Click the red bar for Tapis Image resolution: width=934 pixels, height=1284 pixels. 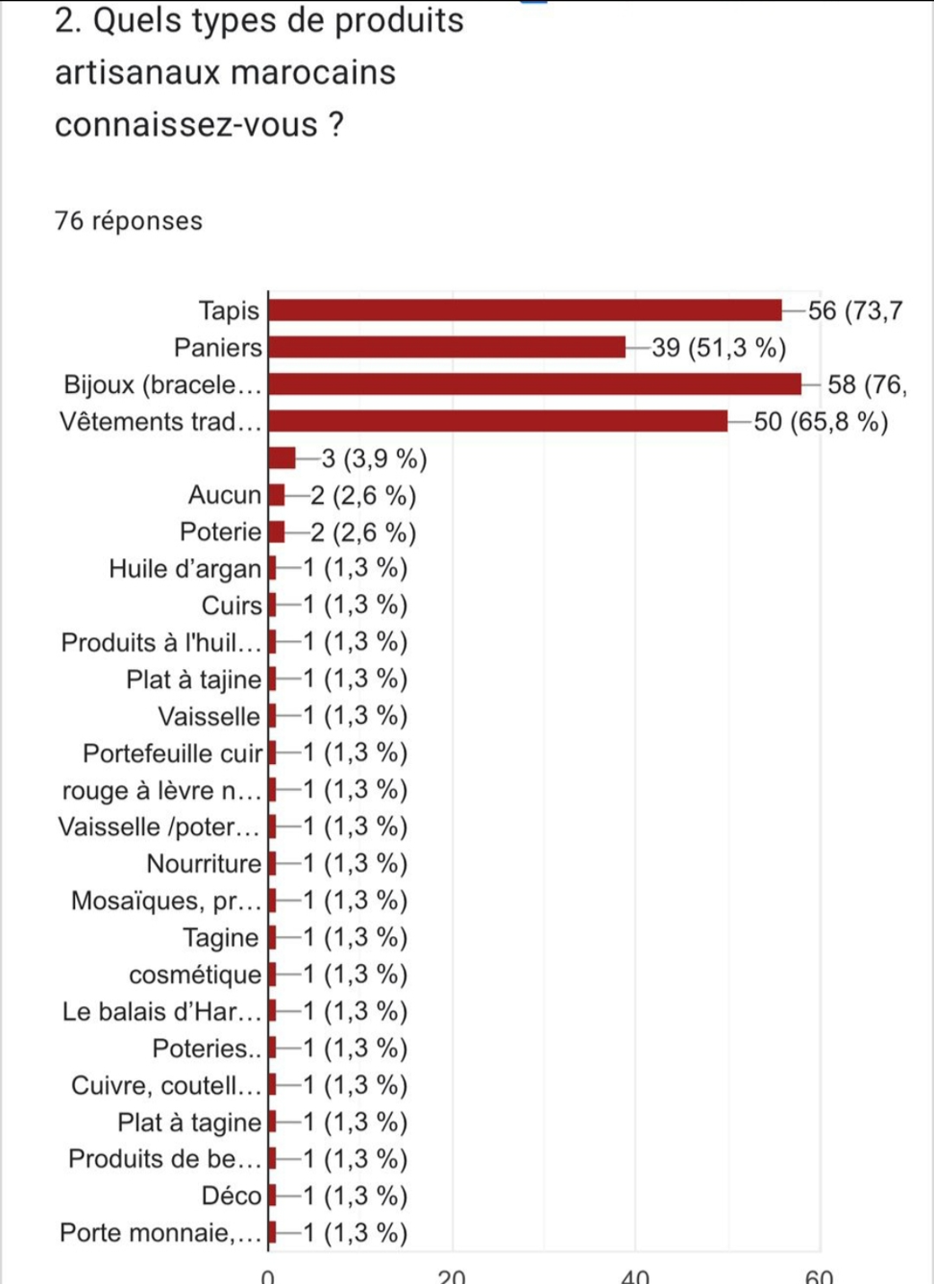coord(525,310)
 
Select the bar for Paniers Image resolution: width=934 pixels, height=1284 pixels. coord(447,347)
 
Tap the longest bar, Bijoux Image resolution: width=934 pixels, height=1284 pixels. coord(534,384)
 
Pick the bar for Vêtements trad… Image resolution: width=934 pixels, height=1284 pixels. coord(498,421)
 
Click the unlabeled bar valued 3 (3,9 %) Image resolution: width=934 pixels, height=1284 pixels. coord(283,458)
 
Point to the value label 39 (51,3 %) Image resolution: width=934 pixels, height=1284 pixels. coord(719,348)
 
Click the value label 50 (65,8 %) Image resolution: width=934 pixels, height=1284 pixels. coord(821,422)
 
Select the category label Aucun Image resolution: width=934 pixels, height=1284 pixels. coord(225,495)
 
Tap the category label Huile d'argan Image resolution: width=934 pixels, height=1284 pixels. coord(184,569)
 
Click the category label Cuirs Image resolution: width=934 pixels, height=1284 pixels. coord(232,605)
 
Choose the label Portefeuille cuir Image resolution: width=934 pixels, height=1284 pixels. coord(172,753)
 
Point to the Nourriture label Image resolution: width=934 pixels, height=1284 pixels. coord(204,864)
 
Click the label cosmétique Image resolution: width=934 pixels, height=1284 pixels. coord(195,975)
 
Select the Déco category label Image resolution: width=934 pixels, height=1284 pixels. coord(231,1196)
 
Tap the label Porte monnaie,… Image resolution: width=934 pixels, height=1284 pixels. coord(160,1233)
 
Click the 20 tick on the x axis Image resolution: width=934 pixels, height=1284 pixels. coord(452,1276)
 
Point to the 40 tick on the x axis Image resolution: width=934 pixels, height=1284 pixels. coord(635,1276)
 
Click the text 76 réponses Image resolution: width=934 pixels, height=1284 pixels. coord(129,221)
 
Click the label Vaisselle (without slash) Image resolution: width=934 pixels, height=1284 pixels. coord(209,717)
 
